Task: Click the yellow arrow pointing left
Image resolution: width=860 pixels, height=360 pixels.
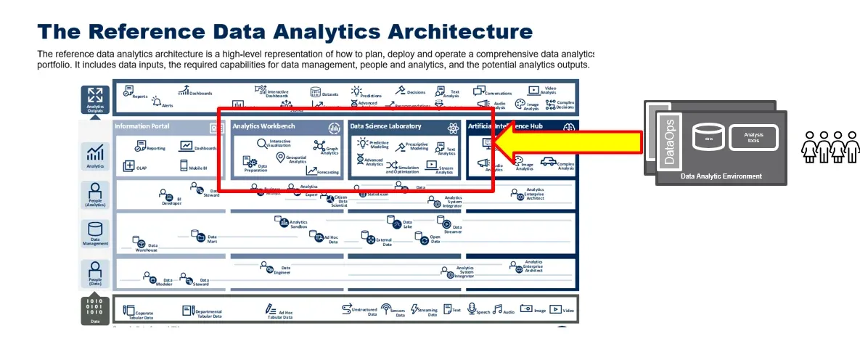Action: click(573, 143)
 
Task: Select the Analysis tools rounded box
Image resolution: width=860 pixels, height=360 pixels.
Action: click(753, 136)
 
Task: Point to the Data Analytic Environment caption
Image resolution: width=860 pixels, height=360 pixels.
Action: click(721, 176)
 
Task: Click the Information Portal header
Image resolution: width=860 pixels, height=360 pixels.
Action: click(142, 126)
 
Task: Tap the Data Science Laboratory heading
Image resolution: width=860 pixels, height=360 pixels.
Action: click(385, 126)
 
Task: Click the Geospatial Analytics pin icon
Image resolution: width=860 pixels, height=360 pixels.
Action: click(281, 156)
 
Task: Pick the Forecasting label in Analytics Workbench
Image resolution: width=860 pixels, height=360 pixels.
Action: click(327, 173)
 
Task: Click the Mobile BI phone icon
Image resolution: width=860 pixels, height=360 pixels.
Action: click(184, 166)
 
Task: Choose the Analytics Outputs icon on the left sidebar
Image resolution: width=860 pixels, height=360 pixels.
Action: click(94, 97)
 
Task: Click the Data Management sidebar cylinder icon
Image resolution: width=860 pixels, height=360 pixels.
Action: click(95, 229)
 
